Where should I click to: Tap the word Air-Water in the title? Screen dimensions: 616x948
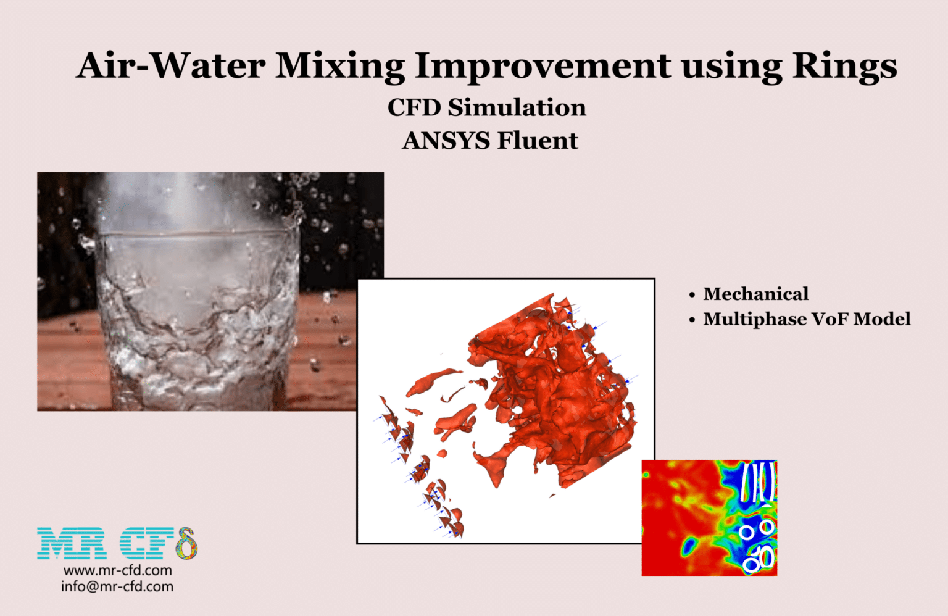pos(171,65)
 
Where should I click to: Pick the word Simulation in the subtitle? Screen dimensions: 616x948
pos(517,107)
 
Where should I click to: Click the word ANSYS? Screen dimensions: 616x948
pos(446,141)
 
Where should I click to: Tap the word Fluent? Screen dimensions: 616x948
pos(538,141)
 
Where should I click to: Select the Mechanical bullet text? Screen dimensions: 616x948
pos(755,294)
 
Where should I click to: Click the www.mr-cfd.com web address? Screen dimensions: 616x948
pos(117,570)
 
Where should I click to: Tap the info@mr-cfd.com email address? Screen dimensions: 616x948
pos(117,586)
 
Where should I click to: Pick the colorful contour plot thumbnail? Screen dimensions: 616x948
pos(709,518)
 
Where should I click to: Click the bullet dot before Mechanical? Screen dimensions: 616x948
pos(692,295)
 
